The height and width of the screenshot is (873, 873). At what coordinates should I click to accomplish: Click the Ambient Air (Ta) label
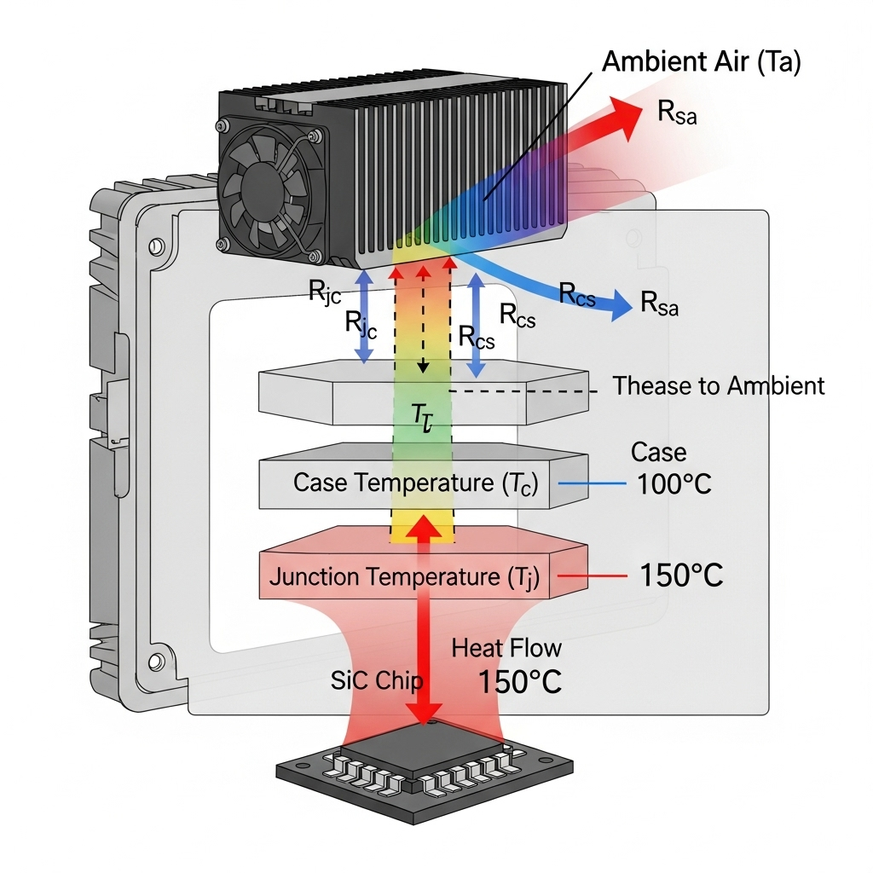click(701, 63)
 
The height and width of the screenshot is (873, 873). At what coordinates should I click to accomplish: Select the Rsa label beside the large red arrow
click(678, 113)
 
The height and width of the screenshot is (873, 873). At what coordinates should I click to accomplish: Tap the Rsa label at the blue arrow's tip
click(660, 304)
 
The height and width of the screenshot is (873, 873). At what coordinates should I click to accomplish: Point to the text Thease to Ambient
click(719, 386)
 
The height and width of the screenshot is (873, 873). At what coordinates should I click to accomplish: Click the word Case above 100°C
click(658, 452)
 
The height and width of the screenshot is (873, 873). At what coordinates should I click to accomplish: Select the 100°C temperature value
click(674, 484)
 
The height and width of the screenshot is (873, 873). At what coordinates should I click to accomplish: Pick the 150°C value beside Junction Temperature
click(680, 575)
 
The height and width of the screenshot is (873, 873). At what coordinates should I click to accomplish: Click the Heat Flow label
click(506, 648)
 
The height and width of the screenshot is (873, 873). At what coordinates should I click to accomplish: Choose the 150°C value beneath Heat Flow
click(519, 682)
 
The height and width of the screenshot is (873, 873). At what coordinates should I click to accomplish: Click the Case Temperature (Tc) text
click(416, 483)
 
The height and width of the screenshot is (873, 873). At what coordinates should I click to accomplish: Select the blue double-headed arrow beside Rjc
click(364, 315)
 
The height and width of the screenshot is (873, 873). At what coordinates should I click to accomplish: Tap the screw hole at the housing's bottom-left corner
click(155, 661)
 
